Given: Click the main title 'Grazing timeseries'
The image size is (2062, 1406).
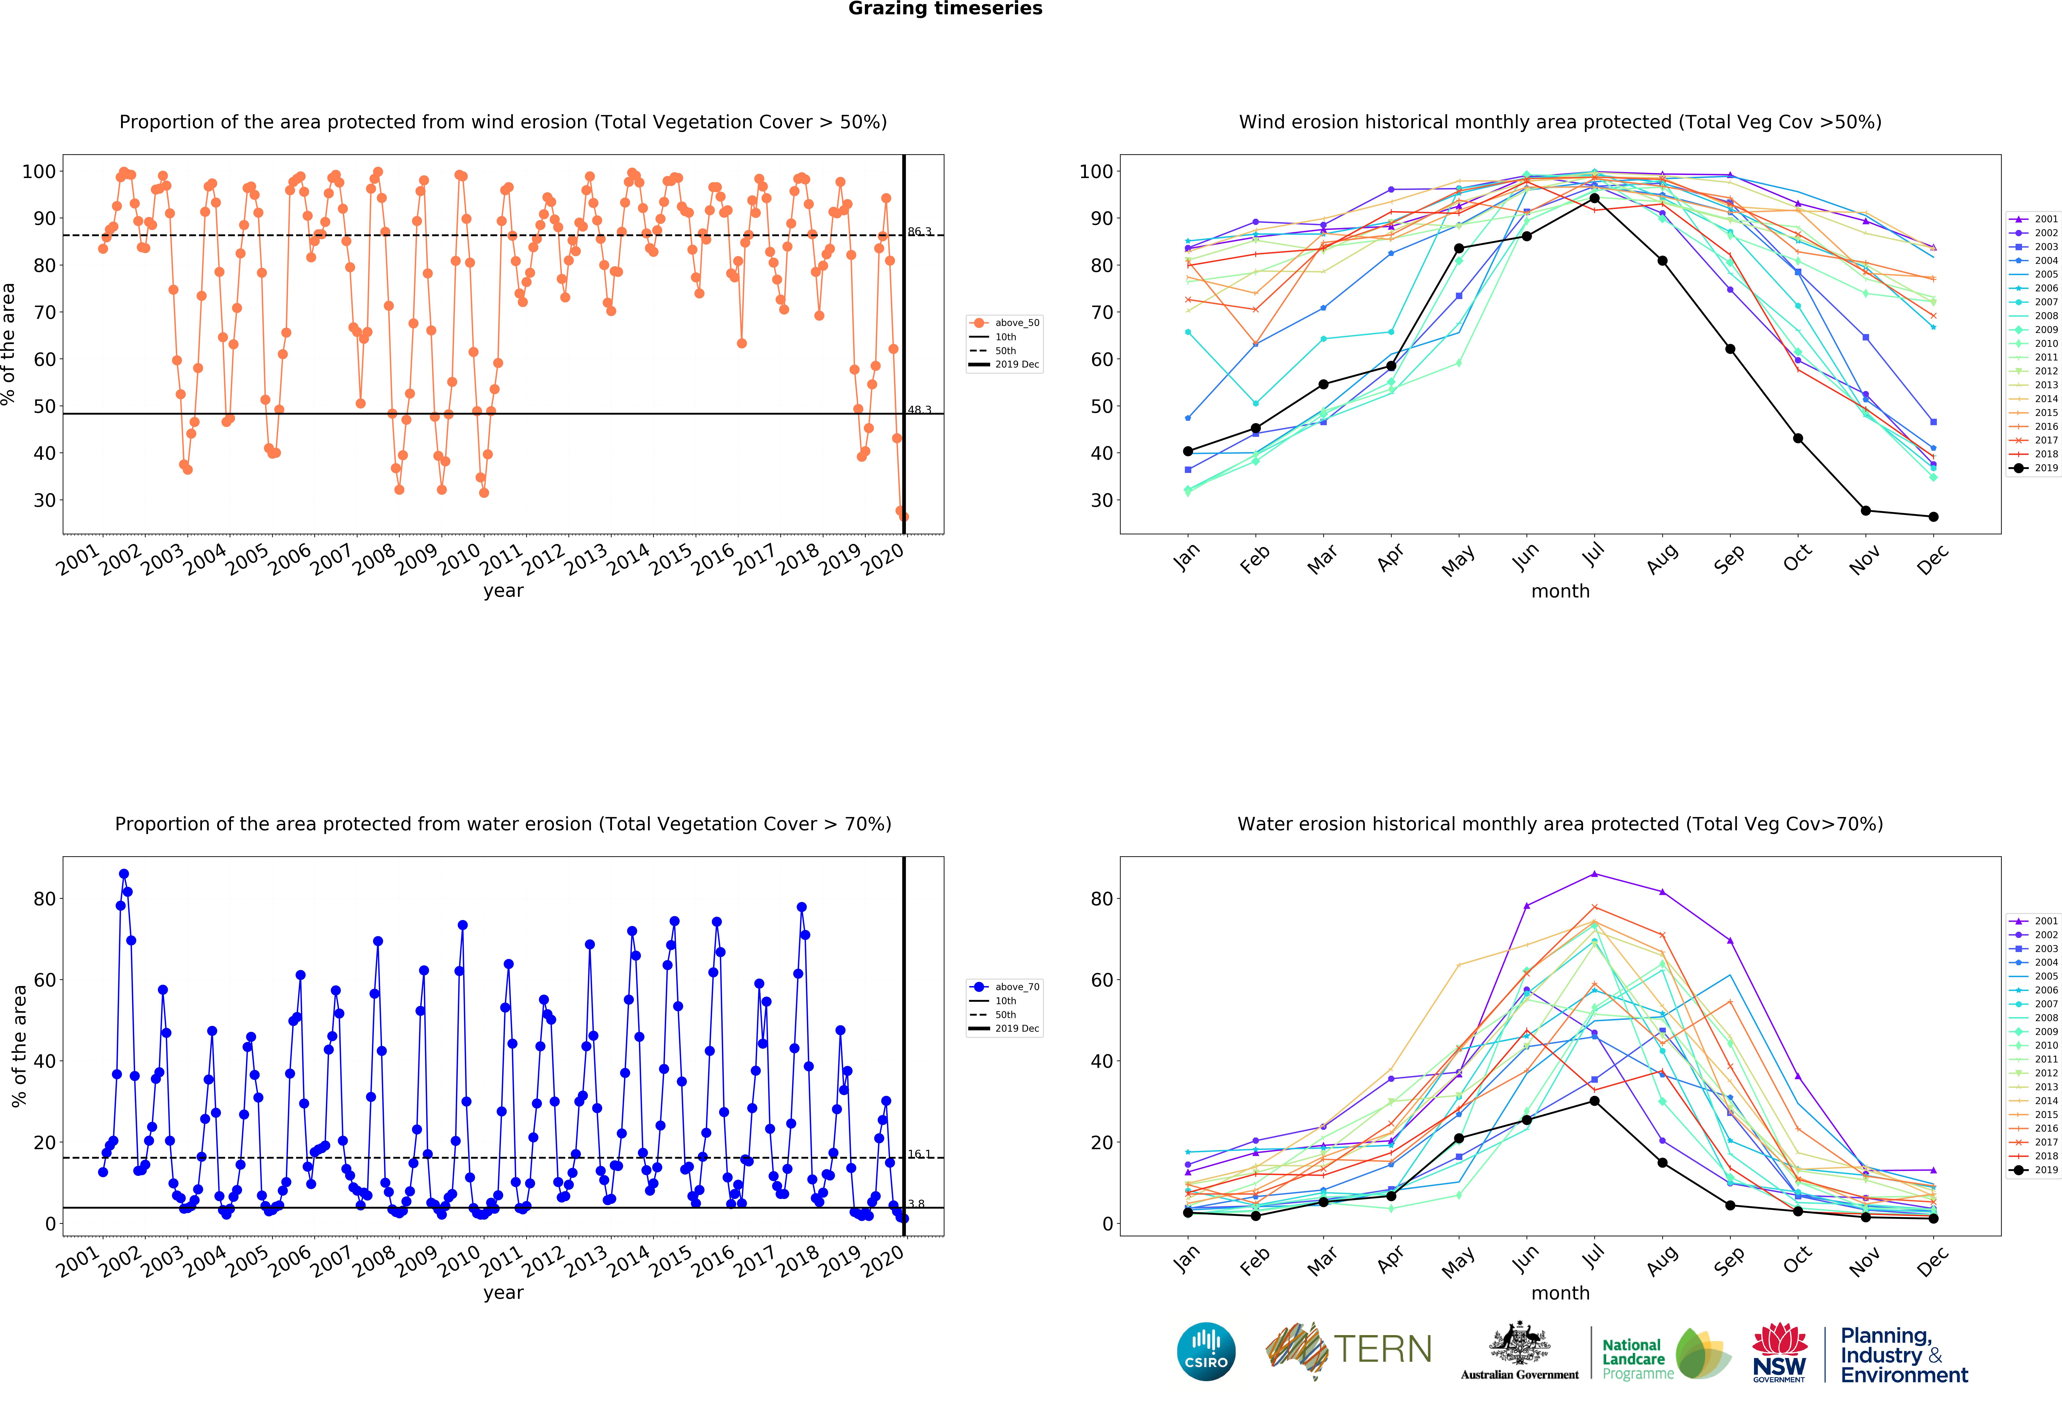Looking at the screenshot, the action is [x=945, y=9].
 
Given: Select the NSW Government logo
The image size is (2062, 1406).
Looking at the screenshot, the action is [x=1779, y=1352].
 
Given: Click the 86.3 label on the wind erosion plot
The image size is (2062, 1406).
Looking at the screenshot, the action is [x=919, y=232].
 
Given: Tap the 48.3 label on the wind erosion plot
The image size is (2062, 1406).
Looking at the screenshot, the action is [x=919, y=410].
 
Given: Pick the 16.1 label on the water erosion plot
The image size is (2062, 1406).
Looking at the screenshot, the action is [x=919, y=1154].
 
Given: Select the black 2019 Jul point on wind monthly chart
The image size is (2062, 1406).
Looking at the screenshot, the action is [x=1595, y=198].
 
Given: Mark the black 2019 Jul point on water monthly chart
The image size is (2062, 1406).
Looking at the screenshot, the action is [x=1595, y=1101].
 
